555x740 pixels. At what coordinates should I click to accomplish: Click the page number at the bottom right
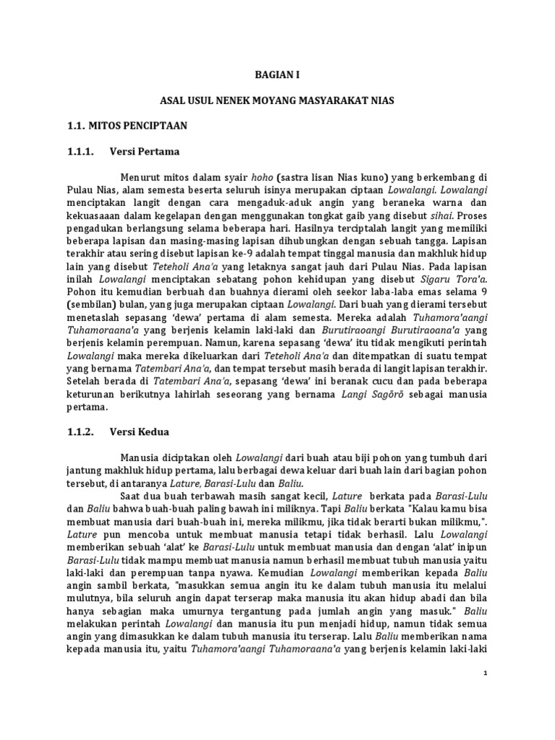(486, 672)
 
